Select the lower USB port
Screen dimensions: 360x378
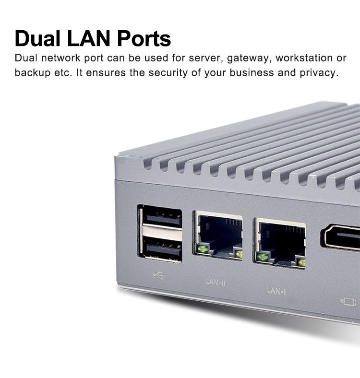coord(162,249)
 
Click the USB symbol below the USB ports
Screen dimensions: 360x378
coord(159,275)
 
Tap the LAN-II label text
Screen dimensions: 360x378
coord(216,282)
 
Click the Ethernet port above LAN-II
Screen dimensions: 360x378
coord(218,235)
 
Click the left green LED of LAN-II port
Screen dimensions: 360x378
coord(202,248)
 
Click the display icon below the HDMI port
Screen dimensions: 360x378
coord(348,302)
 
